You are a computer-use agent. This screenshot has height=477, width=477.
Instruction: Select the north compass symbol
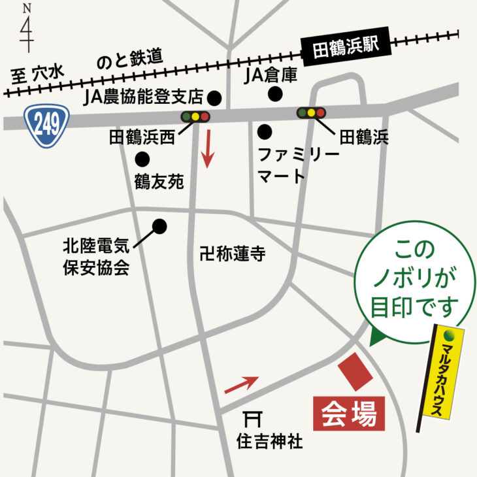(x=27, y=29)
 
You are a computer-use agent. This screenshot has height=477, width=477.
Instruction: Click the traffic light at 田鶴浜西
(x=195, y=117)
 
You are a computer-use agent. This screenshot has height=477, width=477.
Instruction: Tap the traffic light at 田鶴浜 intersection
(x=311, y=112)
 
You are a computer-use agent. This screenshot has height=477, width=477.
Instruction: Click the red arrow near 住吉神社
(x=241, y=384)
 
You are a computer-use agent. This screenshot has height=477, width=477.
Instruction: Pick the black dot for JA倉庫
(x=276, y=94)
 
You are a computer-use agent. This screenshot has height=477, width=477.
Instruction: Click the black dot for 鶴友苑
(x=142, y=158)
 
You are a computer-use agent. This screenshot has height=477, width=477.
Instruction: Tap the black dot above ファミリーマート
(x=264, y=132)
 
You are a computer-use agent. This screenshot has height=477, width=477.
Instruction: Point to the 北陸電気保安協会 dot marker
(x=159, y=227)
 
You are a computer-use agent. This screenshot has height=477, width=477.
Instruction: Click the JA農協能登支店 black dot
(x=214, y=98)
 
